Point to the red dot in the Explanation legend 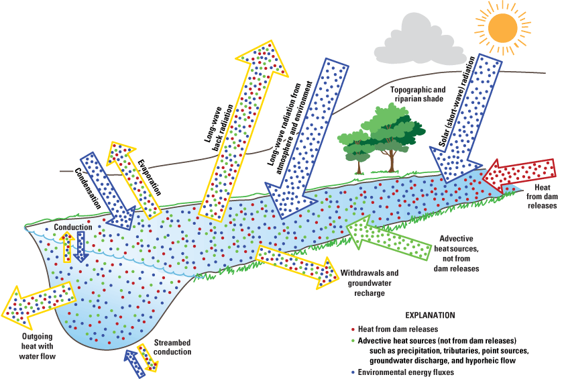[x=353, y=329]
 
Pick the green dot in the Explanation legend [x=353, y=341]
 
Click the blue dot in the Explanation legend [x=353, y=372]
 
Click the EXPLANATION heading [x=431, y=315]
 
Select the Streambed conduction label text [x=172, y=347]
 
